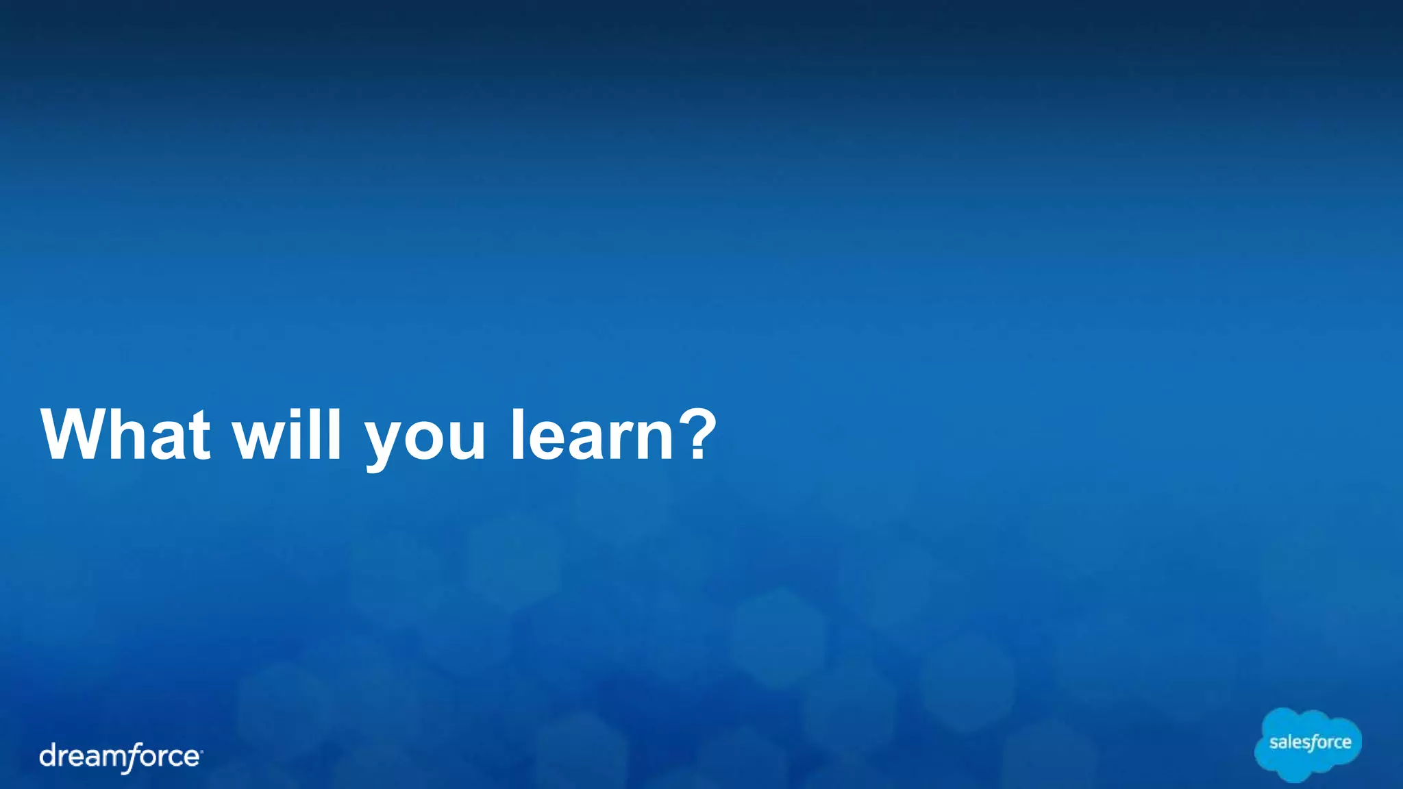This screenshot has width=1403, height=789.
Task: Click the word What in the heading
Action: (x=126, y=436)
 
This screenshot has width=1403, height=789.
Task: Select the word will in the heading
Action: (x=287, y=436)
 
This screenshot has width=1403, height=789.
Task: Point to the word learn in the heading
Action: (x=593, y=436)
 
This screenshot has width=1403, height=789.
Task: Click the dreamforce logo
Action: (x=121, y=757)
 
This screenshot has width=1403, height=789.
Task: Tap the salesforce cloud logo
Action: (x=1308, y=744)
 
